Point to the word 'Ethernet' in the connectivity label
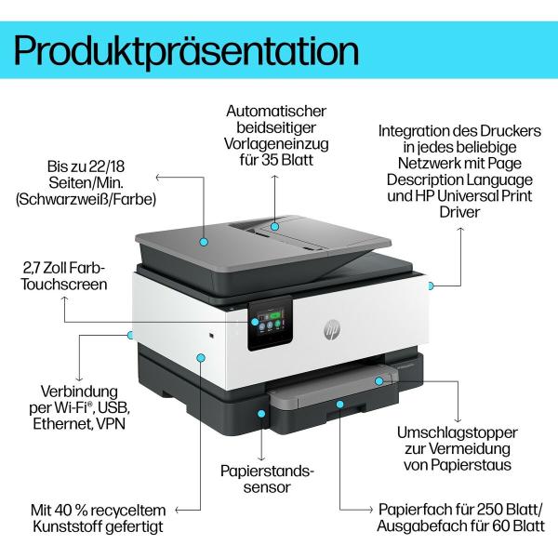[61, 424]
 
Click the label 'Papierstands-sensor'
[263, 479]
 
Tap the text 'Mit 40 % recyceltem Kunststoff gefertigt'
[96, 518]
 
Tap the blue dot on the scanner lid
[203, 240]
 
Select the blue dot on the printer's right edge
[431, 285]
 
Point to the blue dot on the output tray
[379, 380]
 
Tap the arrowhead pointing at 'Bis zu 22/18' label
[159, 175]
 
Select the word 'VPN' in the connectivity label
[109, 424]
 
